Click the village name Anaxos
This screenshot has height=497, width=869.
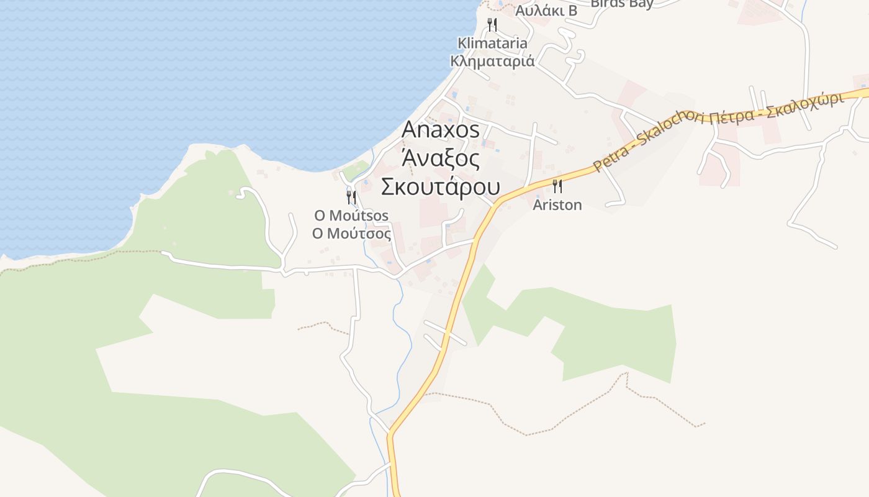coord(441,129)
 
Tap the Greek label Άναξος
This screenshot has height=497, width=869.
coord(441,158)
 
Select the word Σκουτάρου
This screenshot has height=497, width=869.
coord(441,186)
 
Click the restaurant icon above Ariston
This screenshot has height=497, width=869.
coord(557,186)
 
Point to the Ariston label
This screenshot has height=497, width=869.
coord(557,205)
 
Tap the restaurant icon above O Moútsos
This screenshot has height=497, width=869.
coord(351,198)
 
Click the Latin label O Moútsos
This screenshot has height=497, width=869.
coord(351,216)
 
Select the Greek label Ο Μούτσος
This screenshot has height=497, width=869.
coord(351,234)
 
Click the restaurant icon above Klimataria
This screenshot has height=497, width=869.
coord(492,25)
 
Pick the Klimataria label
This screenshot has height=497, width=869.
coord(492,43)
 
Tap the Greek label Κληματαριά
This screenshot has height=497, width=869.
coord(492,61)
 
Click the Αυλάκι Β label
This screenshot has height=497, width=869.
coord(546,11)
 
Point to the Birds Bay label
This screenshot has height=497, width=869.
coord(622,4)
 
